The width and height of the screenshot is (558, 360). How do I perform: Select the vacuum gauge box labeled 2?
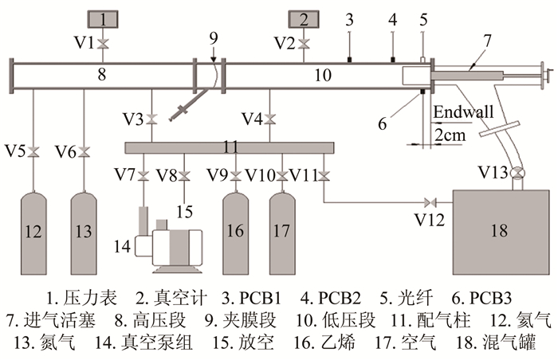tap(303, 18)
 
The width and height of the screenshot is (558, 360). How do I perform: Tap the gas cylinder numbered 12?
tap(33, 232)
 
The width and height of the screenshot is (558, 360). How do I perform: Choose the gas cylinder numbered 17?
tap(283, 232)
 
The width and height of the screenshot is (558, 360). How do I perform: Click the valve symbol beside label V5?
tap(33, 151)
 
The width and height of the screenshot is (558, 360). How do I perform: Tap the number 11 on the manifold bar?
tap(230, 147)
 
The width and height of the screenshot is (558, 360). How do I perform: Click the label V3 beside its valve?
tap(134, 119)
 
